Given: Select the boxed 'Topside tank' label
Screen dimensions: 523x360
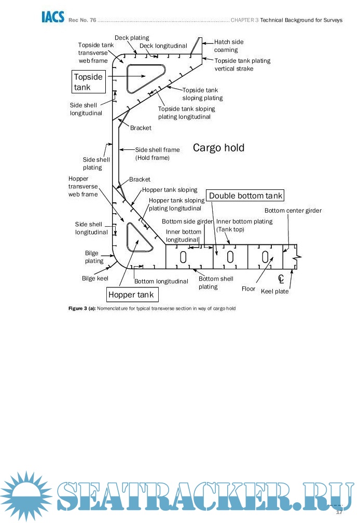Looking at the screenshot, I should tap(88, 82).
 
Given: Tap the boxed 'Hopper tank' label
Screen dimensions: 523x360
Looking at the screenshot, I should tap(132, 295).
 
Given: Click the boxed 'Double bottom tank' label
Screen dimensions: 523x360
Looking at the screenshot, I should tap(246, 196).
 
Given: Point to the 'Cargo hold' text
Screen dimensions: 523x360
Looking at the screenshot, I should tap(218, 148).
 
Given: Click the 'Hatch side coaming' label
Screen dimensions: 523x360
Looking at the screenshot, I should tap(228, 46).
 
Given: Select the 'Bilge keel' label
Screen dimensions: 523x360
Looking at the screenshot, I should tap(95, 279).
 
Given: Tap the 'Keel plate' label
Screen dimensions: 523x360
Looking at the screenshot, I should tap(274, 291).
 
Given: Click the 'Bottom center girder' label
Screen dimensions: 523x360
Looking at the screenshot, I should tap(293, 211).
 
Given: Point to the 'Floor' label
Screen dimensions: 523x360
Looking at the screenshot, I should tap(248, 288).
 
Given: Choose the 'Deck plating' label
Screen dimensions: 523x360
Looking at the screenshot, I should tap(132, 38).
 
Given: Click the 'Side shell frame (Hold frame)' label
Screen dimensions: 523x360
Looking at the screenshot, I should tap(157, 154).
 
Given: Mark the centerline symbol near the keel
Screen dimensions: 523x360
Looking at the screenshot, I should tap(281, 279).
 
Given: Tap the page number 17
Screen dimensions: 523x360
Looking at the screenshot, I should tap(340, 512).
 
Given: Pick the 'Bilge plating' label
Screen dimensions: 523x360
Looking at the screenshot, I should tap(94, 257).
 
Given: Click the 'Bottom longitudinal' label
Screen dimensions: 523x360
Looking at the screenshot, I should tap(161, 281).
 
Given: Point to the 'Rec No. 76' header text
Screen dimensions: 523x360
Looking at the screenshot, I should tap(81, 20).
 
